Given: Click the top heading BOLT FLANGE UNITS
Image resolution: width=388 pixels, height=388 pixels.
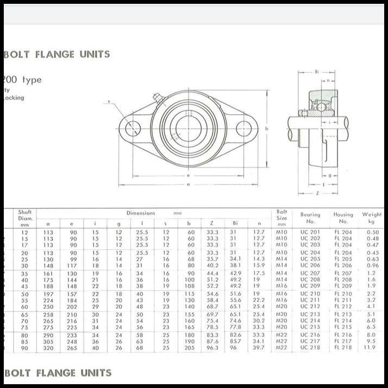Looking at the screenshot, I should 57,54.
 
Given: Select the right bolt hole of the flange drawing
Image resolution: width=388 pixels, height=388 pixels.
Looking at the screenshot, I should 243,129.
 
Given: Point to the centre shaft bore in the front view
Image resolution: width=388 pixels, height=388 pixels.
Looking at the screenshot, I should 189,129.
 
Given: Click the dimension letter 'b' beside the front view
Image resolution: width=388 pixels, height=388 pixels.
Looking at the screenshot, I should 267,129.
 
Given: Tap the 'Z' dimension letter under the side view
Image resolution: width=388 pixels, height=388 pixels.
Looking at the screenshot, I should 317,193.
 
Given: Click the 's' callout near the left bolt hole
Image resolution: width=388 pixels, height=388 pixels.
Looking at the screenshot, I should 109,102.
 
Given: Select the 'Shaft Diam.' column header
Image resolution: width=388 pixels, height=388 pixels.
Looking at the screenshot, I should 26,217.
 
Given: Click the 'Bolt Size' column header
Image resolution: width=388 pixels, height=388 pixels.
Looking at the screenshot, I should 281,217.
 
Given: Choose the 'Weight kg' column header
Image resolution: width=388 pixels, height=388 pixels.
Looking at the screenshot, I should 372,217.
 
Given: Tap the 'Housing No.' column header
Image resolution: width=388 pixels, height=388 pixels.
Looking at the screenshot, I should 343,217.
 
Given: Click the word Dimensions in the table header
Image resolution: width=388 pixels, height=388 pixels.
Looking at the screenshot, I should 141,213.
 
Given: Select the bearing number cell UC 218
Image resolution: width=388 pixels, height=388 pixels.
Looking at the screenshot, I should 310,347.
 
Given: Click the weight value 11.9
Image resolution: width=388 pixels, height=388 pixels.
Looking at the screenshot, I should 370,347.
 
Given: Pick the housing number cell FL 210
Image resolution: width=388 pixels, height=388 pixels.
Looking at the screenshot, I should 343,293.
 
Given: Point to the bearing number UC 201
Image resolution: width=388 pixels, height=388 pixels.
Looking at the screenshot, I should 310,232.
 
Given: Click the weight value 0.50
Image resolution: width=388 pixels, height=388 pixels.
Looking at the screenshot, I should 372,232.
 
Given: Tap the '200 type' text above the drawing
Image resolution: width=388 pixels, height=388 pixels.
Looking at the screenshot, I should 23,80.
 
